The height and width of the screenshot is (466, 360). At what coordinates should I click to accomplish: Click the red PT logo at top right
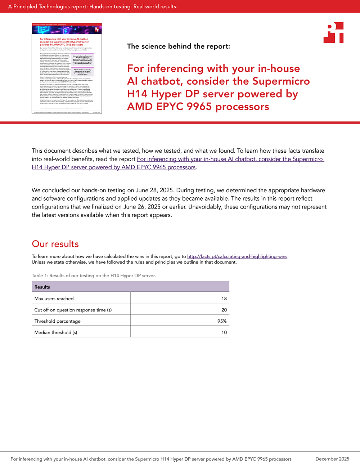(x=333, y=33)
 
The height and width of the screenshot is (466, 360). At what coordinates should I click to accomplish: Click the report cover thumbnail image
(x=67, y=68)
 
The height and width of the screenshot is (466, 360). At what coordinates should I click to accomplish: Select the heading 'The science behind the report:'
(x=178, y=46)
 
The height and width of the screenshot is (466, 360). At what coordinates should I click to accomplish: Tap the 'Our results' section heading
(x=55, y=244)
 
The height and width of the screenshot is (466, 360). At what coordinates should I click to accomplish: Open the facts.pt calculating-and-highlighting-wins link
(x=237, y=256)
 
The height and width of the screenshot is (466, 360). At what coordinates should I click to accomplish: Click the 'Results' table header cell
(x=42, y=287)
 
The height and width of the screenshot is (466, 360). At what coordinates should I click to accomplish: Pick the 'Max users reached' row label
(x=54, y=299)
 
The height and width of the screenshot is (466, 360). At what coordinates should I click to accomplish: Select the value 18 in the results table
(x=224, y=299)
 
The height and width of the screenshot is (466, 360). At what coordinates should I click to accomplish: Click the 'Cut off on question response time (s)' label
(x=73, y=310)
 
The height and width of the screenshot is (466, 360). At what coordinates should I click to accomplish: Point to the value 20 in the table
(x=224, y=310)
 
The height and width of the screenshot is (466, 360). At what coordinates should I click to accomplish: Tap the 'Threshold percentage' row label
(x=57, y=321)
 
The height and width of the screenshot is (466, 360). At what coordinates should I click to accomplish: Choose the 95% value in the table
(x=222, y=321)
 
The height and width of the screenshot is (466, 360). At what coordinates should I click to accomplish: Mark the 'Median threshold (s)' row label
(x=55, y=332)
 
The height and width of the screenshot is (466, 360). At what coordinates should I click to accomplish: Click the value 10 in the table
(x=224, y=332)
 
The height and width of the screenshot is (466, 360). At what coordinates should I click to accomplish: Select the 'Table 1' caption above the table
(x=94, y=275)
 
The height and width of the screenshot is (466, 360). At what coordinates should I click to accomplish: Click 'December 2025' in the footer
(x=332, y=459)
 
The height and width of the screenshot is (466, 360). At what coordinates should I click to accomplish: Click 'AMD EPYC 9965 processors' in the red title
(x=198, y=107)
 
